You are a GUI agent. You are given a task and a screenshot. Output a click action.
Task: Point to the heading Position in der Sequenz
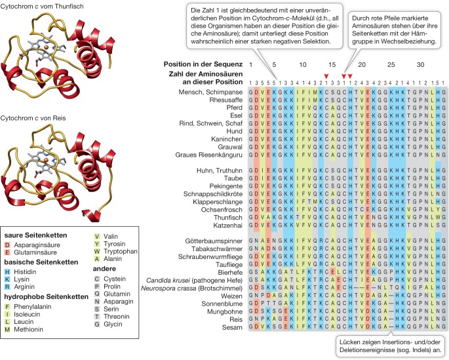(201, 65)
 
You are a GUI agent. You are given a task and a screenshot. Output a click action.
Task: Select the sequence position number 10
(302, 65)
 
